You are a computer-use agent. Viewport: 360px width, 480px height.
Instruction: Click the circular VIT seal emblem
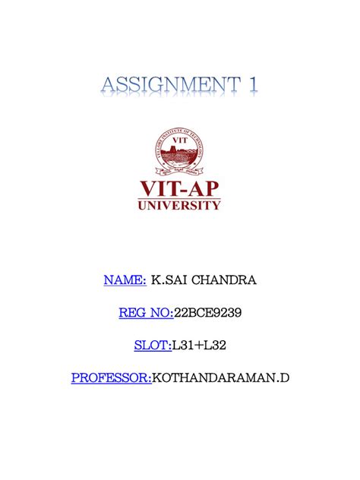(x=179, y=151)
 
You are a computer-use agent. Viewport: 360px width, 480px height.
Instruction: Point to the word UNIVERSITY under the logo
(x=180, y=204)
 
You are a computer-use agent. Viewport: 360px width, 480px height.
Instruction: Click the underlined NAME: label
(x=125, y=280)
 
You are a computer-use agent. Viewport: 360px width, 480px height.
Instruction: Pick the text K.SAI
(x=169, y=280)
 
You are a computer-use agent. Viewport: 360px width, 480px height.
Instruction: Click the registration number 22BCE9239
(x=208, y=312)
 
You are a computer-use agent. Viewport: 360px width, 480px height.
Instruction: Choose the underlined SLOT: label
(x=152, y=345)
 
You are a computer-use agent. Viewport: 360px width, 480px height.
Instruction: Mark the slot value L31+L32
(x=199, y=345)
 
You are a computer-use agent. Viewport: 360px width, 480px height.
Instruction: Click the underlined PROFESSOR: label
(x=112, y=377)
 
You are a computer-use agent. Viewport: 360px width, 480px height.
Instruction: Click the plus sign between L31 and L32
(x=199, y=346)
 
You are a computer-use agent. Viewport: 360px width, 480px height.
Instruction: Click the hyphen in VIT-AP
(x=182, y=188)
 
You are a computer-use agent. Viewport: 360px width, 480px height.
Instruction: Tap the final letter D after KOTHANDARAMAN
(x=286, y=377)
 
